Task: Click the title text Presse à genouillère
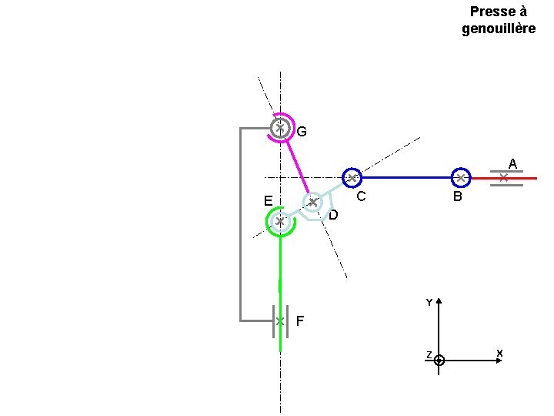click(x=498, y=20)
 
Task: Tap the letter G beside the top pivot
click(x=302, y=132)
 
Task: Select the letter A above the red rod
click(x=512, y=163)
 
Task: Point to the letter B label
click(x=457, y=197)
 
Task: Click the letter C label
click(x=359, y=196)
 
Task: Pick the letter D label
click(x=333, y=215)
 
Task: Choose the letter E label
click(x=267, y=201)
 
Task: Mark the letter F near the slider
click(x=299, y=320)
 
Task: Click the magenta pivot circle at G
click(x=281, y=128)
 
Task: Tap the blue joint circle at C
click(x=352, y=178)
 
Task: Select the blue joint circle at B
click(x=460, y=178)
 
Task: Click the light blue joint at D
click(x=312, y=203)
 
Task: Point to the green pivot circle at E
click(x=280, y=222)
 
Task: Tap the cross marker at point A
click(x=503, y=178)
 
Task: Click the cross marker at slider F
click(x=280, y=320)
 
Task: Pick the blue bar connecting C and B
click(x=405, y=178)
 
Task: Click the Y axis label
click(x=429, y=303)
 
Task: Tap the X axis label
click(x=499, y=354)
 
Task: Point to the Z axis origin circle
click(x=439, y=360)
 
